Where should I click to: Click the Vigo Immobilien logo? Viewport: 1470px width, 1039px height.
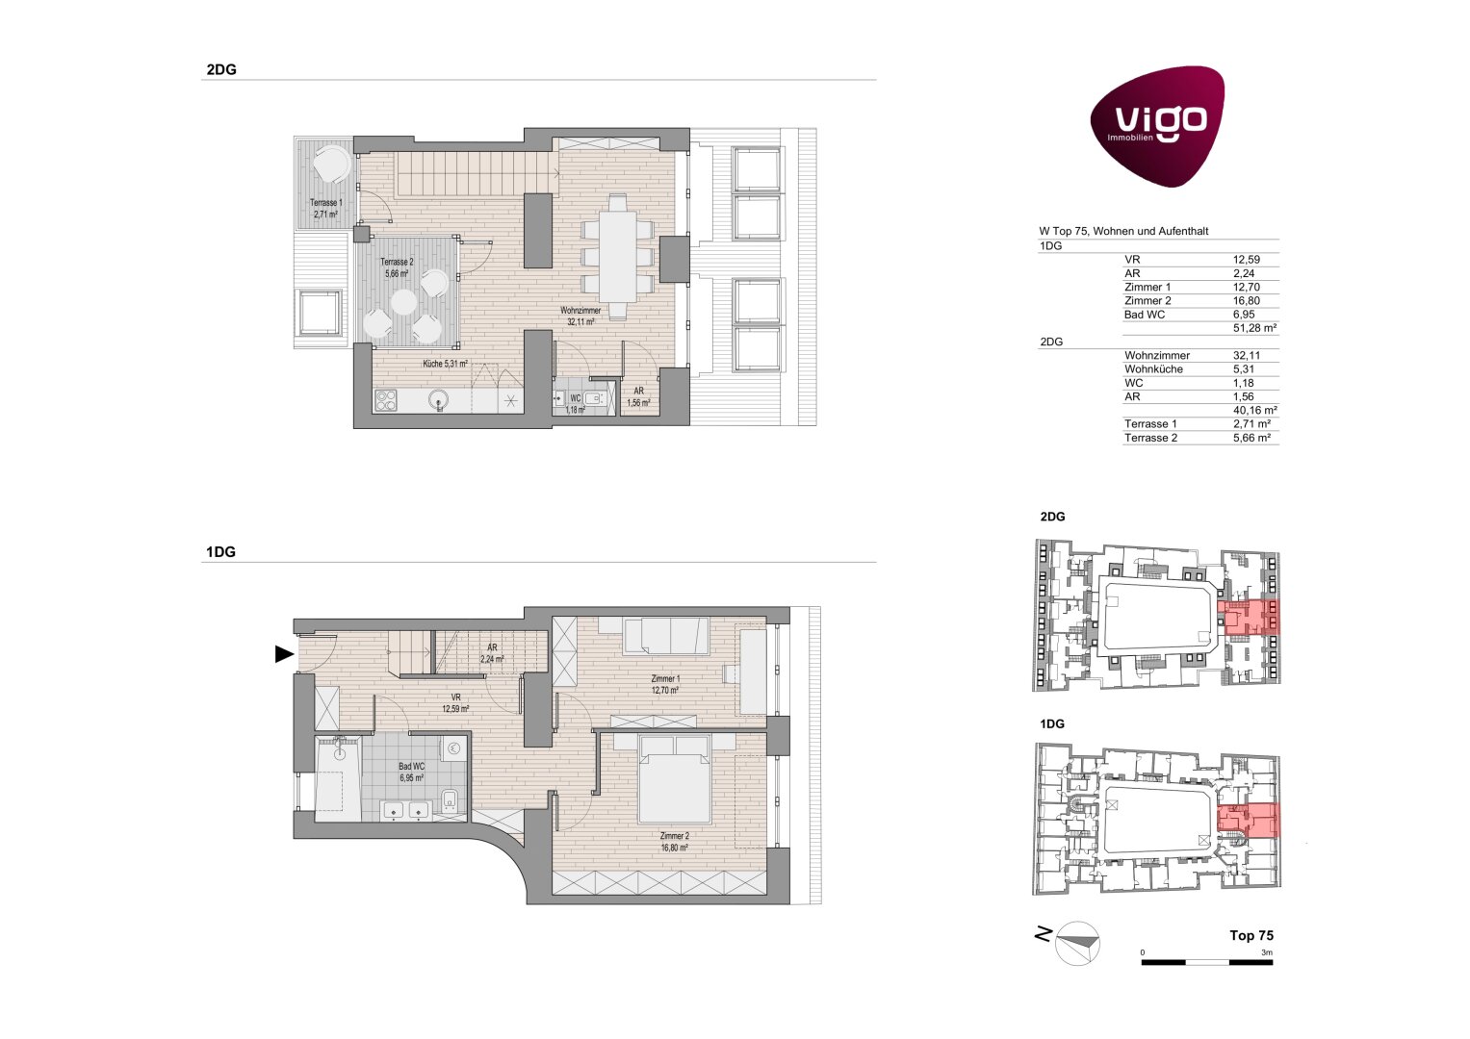point(1157,125)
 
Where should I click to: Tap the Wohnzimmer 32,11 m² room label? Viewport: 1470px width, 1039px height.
point(580,317)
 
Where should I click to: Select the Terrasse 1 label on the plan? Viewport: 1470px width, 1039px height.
point(325,209)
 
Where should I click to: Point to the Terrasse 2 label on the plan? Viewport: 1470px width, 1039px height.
point(397,267)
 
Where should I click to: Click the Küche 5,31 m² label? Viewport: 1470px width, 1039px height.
point(445,364)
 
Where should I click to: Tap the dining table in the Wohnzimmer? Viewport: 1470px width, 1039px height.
point(617,256)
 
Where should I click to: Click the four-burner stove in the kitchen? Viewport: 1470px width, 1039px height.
point(386,400)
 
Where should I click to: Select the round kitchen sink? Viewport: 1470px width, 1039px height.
point(438,399)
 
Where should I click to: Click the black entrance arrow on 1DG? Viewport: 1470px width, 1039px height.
point(283,654)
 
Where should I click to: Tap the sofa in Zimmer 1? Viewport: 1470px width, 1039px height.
point(666,636)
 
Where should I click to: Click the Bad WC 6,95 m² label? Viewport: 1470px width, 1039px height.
point(411,772)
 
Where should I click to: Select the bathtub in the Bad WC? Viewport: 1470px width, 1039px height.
point(338,778)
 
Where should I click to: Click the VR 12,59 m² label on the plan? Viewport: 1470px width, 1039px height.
point(455,703)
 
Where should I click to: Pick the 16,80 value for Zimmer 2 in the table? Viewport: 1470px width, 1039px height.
point(1247,300)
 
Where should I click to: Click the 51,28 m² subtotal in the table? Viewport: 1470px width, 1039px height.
point(1254,328)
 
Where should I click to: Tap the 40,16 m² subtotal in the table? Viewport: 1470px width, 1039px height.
point(1254,410)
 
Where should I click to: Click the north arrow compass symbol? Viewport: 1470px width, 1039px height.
point(1076,943)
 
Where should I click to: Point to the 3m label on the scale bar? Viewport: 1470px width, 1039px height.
point(1267,952)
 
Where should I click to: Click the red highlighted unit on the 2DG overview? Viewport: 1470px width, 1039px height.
point(1248,618)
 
